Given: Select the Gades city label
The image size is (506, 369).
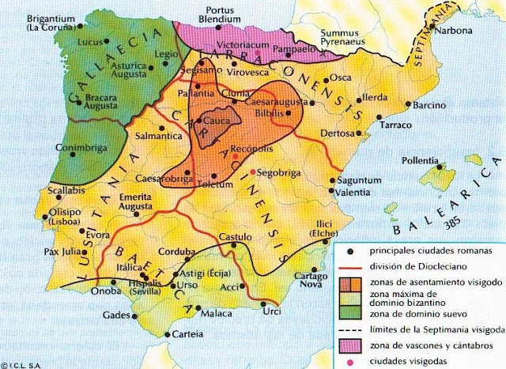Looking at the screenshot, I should (115, 315).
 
